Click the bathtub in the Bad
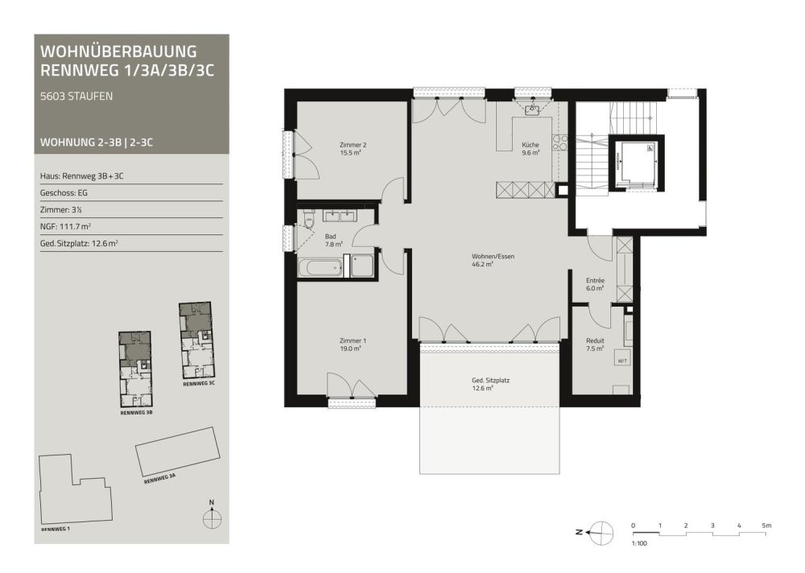tap(320, 267)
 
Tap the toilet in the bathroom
tap(309, 220)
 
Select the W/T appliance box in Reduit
tap(622, 361)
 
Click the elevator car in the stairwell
tap(637, 163)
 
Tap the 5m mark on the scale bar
tap(766, 526)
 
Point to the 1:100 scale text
tap(639, 543)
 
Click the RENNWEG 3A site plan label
tap(159, 479)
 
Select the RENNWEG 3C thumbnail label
tap(199, 384)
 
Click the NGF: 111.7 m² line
tap(66, 226)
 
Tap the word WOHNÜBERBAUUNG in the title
tap(118, 52)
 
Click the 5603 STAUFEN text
tap(76, 96)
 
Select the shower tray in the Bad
tap(362, 266)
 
